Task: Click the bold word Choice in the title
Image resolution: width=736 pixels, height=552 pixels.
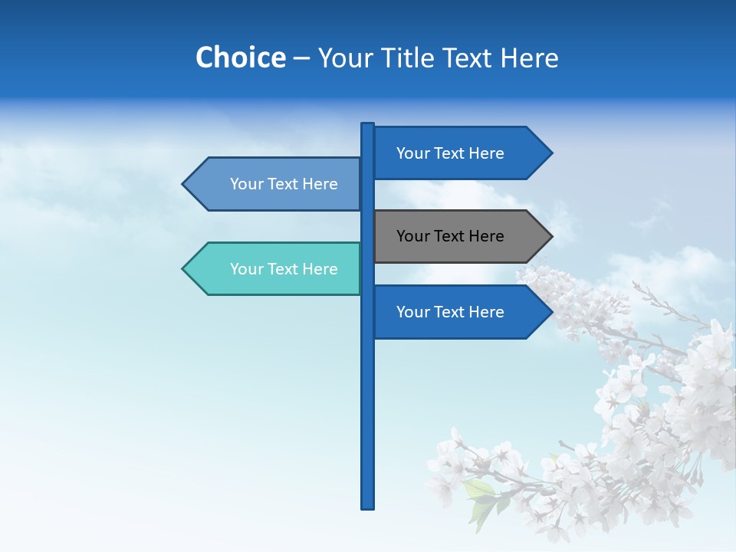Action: pos(240,58)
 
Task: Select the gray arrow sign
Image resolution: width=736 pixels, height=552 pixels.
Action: pos(452,236)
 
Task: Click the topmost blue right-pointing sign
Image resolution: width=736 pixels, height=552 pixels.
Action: pos(452,153)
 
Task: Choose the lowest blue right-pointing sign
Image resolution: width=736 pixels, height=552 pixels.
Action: pos(452,312)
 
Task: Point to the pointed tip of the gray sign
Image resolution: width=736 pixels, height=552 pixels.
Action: pos(550,236)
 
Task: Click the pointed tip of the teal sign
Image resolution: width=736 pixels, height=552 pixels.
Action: pos(184,269)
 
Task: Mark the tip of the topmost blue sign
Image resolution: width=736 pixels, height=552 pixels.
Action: pos(550,153)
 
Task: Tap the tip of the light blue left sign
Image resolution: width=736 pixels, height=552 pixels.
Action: pos(184,184)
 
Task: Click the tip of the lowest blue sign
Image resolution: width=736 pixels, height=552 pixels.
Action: pos(550,312)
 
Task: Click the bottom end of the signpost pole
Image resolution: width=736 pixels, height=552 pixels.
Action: pos(368,506)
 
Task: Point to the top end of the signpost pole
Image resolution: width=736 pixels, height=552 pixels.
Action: pos(368,126)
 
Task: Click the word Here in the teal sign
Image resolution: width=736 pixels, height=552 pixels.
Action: pos(320,269)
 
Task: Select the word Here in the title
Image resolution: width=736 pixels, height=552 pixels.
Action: pos(529,58)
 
